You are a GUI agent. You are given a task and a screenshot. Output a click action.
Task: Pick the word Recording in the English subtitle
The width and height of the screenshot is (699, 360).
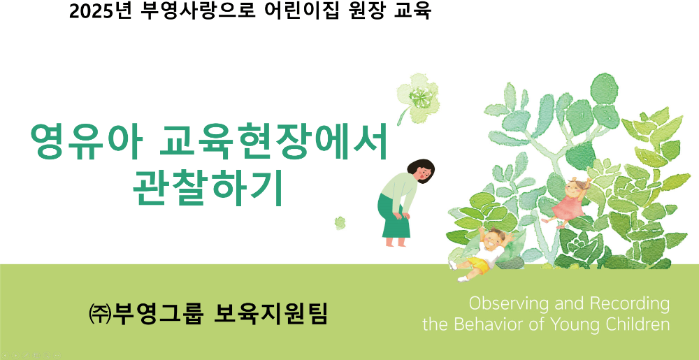pos(630,304)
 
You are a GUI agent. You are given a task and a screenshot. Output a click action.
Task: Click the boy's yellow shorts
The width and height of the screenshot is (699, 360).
pos(477,264)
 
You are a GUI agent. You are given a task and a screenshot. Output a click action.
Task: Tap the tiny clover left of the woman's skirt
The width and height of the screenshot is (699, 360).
pos(340,223)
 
